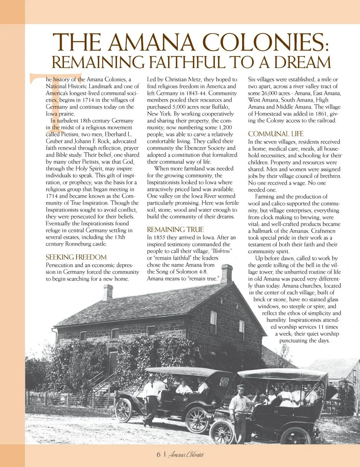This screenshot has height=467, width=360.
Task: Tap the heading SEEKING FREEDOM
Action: click(76, 257)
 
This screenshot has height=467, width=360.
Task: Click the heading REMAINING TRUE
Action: click(175, 229)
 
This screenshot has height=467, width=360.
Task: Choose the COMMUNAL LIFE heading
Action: click(276, 134)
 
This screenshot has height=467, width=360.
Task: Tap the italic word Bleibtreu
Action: click(222, 251)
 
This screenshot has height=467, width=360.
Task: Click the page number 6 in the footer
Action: click(158, 455)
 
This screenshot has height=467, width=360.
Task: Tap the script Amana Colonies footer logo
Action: click(186, 455)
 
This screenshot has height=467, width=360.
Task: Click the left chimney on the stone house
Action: click(108, 292)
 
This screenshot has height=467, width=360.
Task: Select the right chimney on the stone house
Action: click(226, 273)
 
